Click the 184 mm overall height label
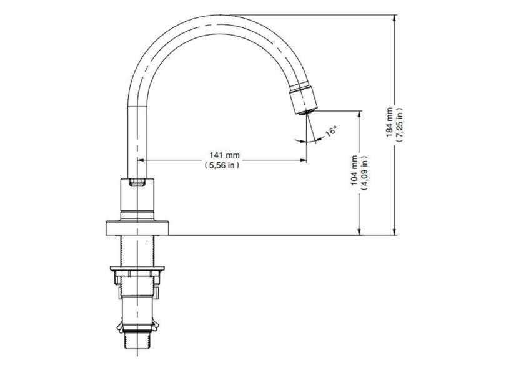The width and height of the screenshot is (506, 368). click(389, 121)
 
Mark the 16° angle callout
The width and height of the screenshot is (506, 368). click(331, 132)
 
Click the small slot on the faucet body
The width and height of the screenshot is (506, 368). click(137, 183)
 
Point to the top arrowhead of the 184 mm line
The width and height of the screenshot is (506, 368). click(395, 19)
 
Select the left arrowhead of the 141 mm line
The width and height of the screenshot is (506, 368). click(151, 160)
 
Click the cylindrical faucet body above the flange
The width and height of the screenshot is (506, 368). click(137, 198)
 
